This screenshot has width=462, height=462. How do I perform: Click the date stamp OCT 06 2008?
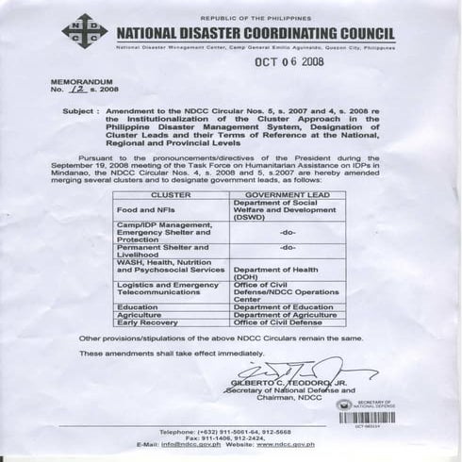pyautogui.click(x=289, y=63)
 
